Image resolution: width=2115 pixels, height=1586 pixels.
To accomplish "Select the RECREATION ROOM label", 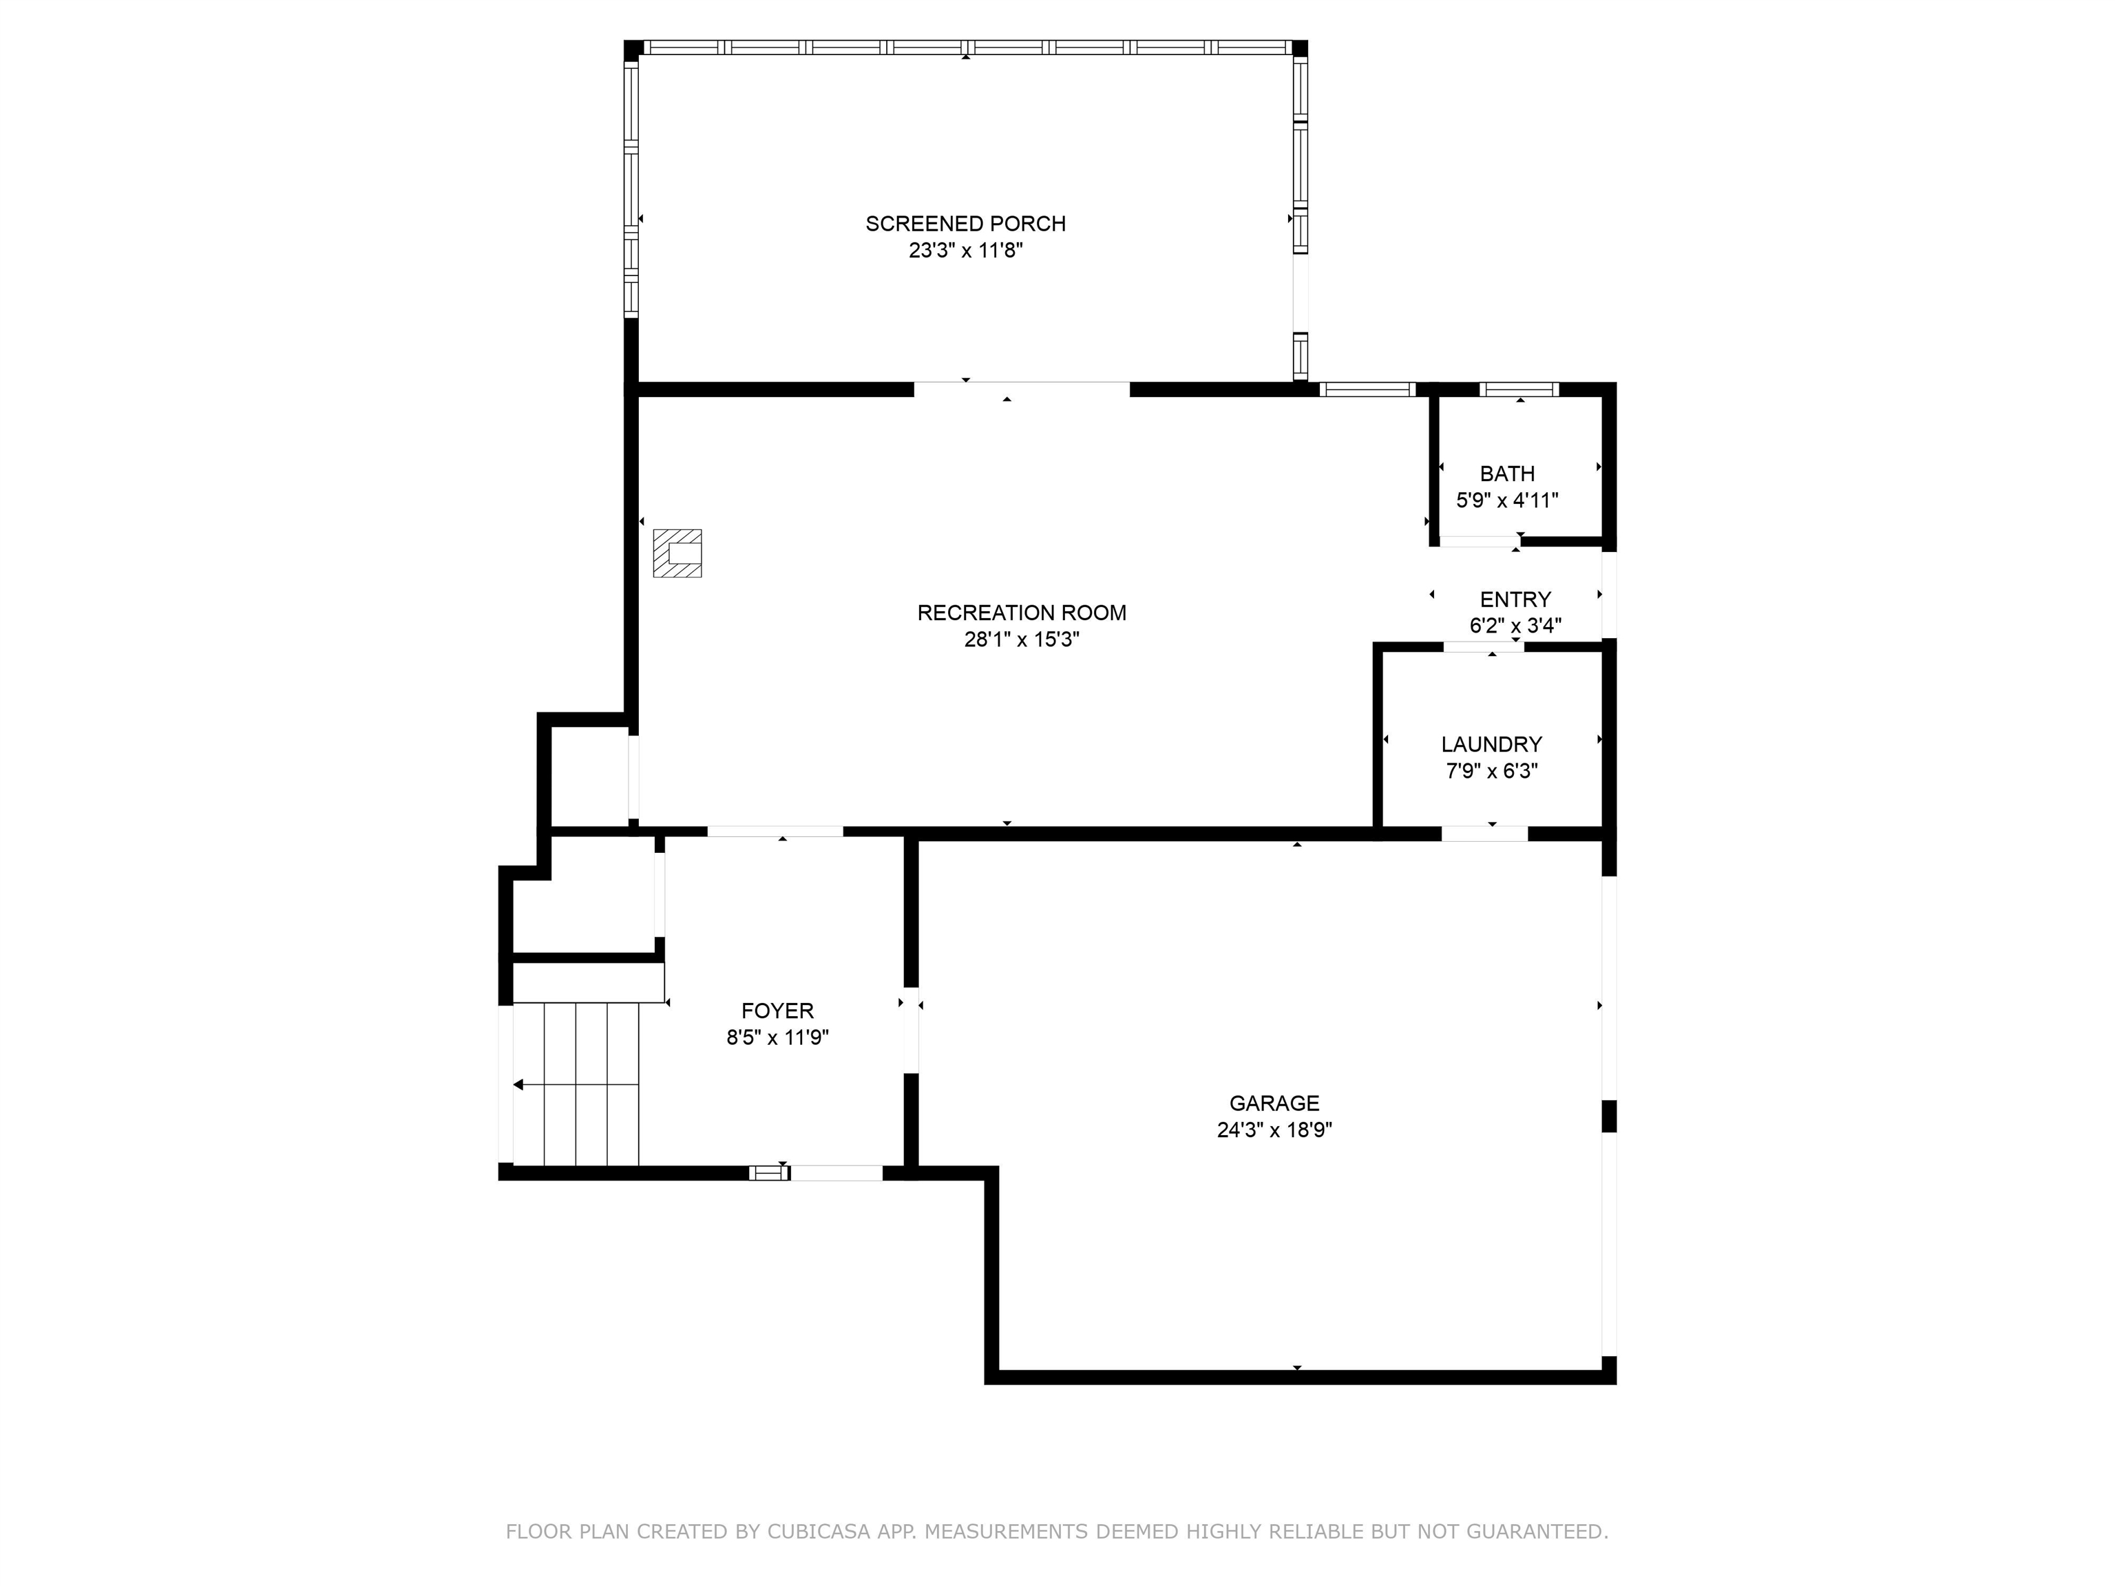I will [x=1021, y=613].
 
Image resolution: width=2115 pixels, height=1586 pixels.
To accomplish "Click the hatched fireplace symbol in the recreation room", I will [x=677, y=553].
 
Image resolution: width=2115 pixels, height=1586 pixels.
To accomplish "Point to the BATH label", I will [x=1507, y=473].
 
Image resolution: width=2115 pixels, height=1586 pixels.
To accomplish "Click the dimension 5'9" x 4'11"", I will [x=1507, y=500].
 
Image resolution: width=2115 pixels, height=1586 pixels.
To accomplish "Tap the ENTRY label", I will [x=1515, y=600].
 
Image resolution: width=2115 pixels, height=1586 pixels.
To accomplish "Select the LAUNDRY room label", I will [x=1491, y=743].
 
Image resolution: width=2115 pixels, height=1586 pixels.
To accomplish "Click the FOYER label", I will [x=777, y=1011].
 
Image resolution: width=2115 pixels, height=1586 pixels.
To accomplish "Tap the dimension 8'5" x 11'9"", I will [x=777, y=1037].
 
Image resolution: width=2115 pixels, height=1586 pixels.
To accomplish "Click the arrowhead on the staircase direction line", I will [x=518, y=1084].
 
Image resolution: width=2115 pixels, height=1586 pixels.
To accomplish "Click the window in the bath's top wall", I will [x=1518, y=389].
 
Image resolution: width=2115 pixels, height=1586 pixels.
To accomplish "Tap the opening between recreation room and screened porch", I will [x=1021, y=389].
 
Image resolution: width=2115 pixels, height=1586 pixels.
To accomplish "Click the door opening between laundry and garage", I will [x=1483, y=834].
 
